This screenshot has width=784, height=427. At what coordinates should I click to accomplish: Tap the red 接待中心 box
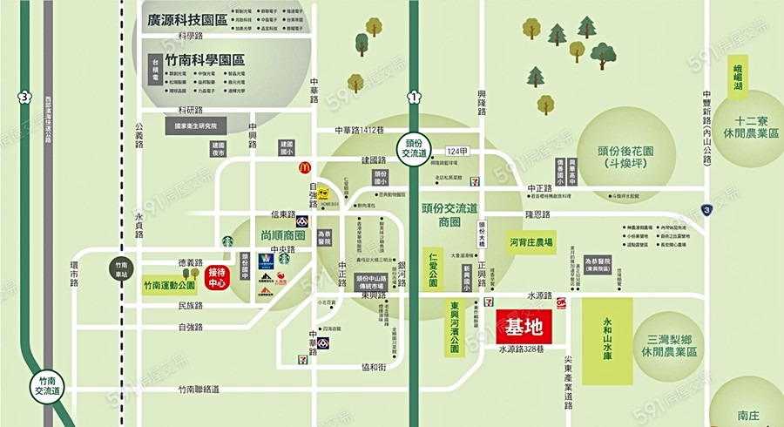218,278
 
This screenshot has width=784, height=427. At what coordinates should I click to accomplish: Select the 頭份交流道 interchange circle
416,146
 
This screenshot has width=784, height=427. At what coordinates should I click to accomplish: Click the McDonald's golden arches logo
305,166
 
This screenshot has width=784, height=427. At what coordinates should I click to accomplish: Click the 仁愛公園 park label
433,268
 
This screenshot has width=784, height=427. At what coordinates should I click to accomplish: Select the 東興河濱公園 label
455,328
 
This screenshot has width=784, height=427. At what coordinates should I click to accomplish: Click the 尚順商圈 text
281,235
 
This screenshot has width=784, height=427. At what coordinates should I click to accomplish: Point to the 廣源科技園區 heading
187,19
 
